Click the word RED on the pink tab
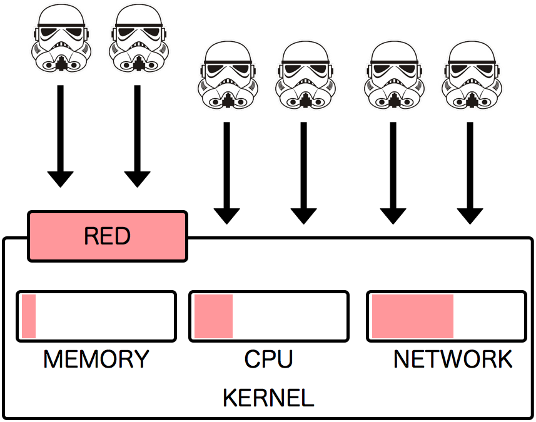pos(107,236)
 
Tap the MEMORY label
pos(96,359)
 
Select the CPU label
pos(268,359)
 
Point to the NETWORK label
pos(453,359)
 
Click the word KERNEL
pos(268,398)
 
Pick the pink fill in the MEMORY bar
pos(29,316)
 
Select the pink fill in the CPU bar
pos(213,316)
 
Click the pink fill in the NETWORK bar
pos(412,316)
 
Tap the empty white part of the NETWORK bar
pos(488,316)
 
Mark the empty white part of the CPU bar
pos(289,316)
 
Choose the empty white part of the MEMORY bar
pos(104,316)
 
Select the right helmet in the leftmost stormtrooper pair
pos(138,39)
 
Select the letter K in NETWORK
pos(504,359)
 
